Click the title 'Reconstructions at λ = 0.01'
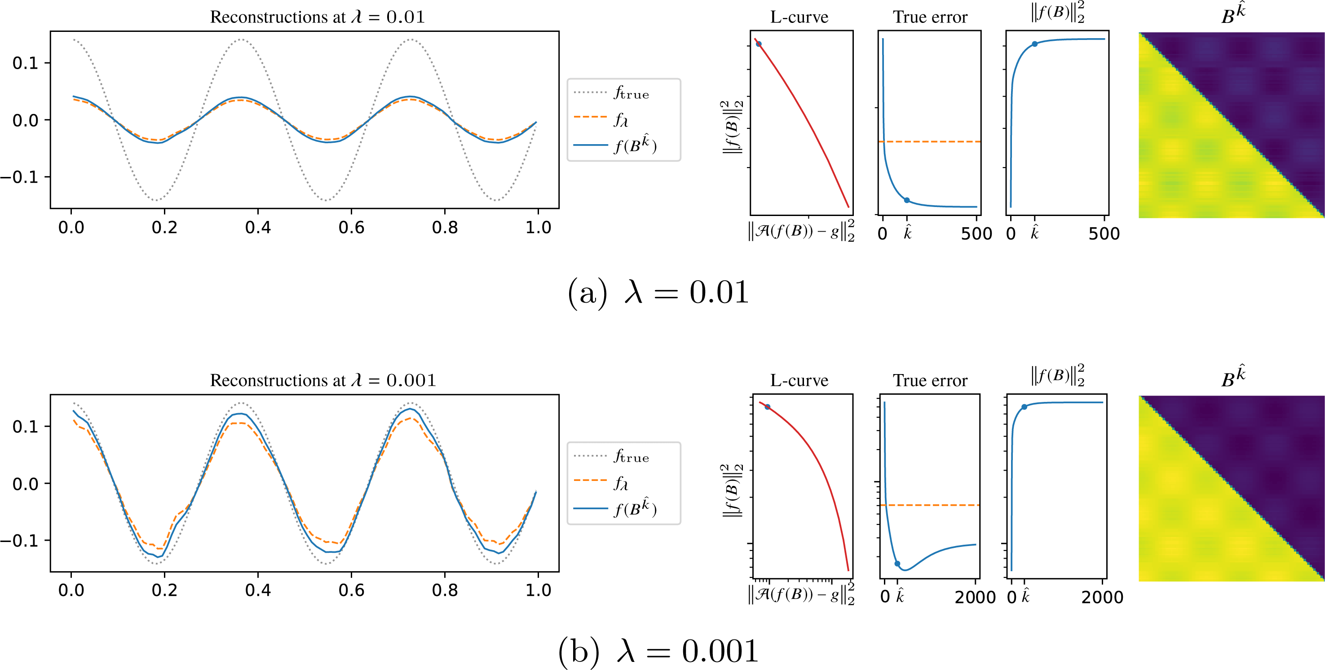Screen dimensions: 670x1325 click(318, 17)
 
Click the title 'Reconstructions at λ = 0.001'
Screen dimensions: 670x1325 click(323, 380)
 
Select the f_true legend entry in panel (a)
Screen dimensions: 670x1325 click(612, 93)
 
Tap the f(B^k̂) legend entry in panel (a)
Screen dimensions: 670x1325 click(614, 145)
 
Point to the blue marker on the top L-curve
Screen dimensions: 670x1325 click(759, 44)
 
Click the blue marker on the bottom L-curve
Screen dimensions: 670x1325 click(768, 407)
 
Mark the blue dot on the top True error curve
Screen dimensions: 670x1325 click(907, 200)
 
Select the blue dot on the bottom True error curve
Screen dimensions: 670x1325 click(897, 564)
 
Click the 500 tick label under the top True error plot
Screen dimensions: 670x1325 click(976, 234)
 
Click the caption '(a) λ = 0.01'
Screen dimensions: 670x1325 click(658, 293)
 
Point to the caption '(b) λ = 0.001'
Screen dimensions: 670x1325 click(658, 651)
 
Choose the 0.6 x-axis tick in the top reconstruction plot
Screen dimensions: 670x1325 click(351, 227)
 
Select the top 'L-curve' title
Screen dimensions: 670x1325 click(799, 17)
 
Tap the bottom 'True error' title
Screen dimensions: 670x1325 click(930, 380)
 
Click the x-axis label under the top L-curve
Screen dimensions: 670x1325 click(801, 231)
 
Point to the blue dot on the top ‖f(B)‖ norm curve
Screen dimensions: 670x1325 click(1035, 44)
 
